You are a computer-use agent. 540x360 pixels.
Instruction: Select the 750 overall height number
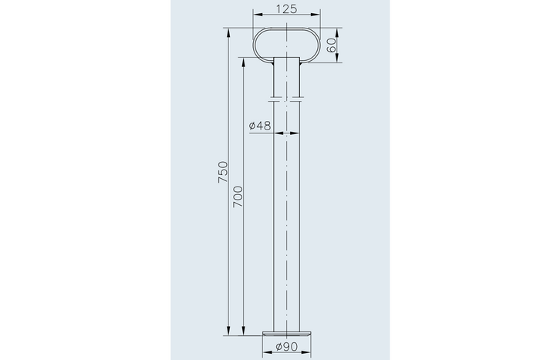(x=223, y=170)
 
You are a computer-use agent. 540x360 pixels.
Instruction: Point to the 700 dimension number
(x=238, y=197)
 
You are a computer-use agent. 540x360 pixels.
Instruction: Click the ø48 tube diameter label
(x=260, y=126)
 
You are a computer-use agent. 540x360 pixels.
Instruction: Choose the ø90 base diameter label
(x=287, y=348)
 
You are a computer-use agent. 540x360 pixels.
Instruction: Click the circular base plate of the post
(x=287, y=333)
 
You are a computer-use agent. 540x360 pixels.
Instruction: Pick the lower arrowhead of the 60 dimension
(x=337, y=61)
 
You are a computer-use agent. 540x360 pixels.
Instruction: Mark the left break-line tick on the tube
(x=274, y=98)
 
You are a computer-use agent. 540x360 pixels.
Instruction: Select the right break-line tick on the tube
(x=299, y=98)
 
